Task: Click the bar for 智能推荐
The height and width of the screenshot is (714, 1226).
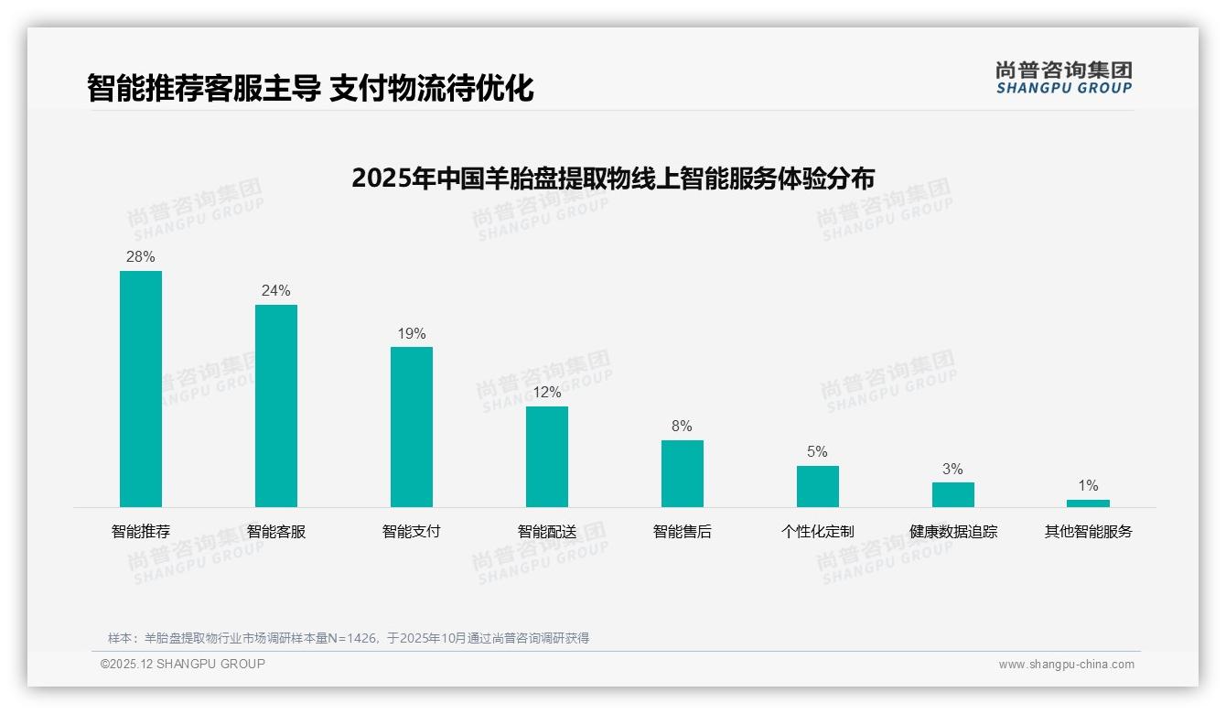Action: (141, 389)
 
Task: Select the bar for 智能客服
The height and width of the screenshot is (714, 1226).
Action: (276, 406)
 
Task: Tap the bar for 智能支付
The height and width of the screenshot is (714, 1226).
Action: (412, 427)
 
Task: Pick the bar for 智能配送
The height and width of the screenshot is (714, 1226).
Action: (547, 457)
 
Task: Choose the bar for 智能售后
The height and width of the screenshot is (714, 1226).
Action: (683, 473)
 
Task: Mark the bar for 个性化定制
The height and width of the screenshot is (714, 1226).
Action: (818, 486)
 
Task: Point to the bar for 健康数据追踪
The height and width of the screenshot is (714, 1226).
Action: (953, 494)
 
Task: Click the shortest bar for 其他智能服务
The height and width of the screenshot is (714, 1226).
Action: (1089, 503)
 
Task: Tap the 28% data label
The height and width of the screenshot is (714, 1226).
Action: (141, 257)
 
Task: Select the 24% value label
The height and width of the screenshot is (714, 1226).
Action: (276, 291)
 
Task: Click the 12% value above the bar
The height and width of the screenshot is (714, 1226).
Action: (547, 393)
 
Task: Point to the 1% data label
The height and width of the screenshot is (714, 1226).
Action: (1089, 486)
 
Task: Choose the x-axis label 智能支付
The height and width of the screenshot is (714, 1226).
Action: (412, 531)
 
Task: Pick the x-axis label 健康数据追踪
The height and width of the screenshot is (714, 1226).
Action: (953, 531)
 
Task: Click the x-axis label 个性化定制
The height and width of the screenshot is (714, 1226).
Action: (818, 531)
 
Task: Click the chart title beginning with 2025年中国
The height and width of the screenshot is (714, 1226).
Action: (613, 178)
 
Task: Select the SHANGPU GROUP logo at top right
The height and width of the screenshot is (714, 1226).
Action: (1064, 78)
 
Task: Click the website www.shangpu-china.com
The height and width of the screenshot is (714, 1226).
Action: (1066, 665)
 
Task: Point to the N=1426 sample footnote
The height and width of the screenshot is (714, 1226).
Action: (349, 638)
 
